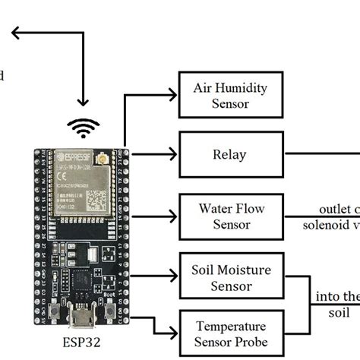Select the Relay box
pyautogui.click(x=230, y=155)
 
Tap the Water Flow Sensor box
pyautogui.click(x=230, y=215)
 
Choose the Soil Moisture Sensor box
pyautogui.click(x=230, y=277)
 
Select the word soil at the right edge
pyautogui.click(x=339, y=312)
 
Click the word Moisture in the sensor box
pyautogui.click(x=246, y=270)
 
